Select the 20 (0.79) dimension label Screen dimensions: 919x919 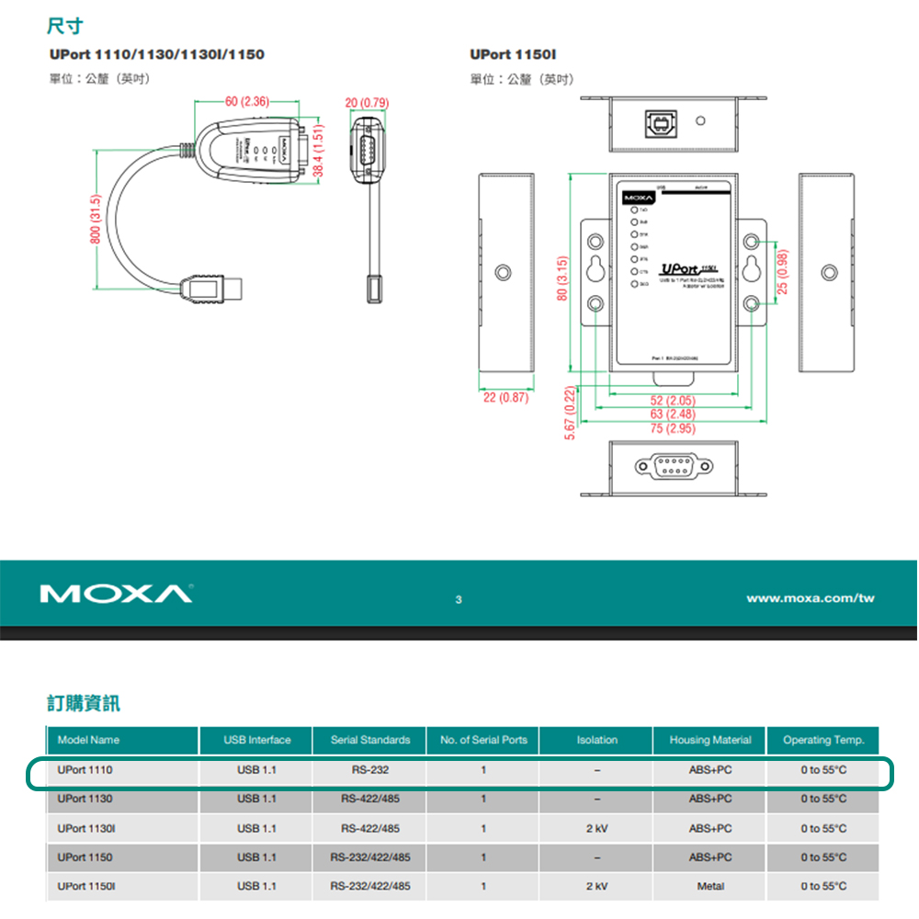click(367, 101)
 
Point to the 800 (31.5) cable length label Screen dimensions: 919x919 click(95, 219)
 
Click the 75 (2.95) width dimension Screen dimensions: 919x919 click(672, 428)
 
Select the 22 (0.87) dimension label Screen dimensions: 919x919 click(505, 398)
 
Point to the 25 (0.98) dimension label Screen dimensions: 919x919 click(782, 272)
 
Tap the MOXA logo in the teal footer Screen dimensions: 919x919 click(116, 595)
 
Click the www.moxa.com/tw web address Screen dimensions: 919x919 click(810, 598)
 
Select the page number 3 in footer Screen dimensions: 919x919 click(459, 600)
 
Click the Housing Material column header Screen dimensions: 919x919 click(709, 740)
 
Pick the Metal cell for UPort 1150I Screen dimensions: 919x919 click(709, 886)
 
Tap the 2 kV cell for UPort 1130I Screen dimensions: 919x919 click(596, 828)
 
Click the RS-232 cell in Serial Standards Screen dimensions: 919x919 click(369, 769)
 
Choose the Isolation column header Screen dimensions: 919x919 click(596, 740)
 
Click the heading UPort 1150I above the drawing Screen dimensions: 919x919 click(513, 55)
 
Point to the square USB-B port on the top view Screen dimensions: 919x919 click(659, 121)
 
